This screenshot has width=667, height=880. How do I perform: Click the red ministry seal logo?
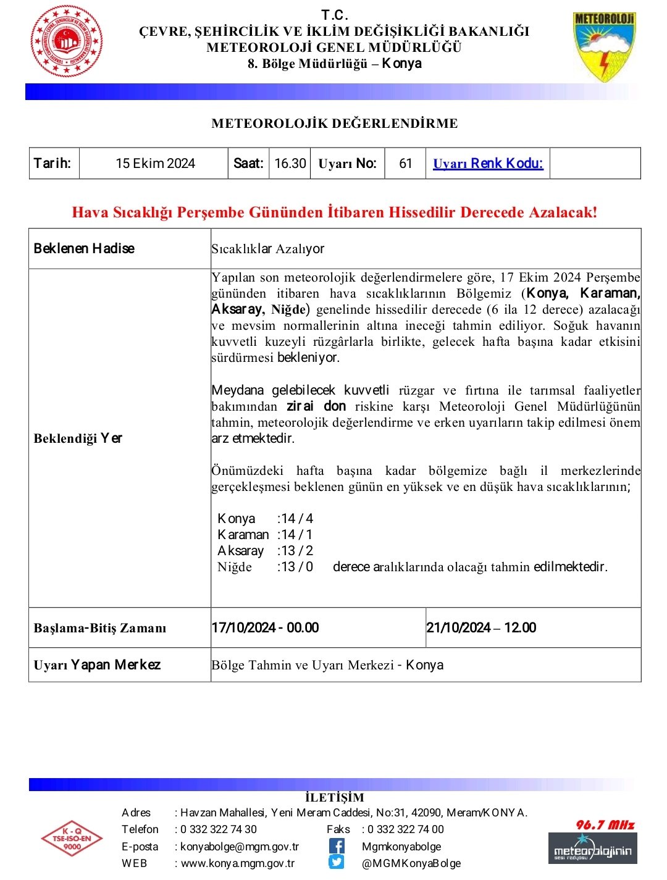coord(67,41)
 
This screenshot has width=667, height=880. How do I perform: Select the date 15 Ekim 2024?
coord(155,164)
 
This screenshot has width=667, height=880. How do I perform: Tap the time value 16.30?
coord(290,164)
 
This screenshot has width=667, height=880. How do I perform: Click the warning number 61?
coord(405,164)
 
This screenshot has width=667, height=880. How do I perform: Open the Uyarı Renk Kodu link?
coord(488,164)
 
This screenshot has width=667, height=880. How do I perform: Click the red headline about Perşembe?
coord(334,212)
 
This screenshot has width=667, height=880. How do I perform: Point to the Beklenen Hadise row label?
coord(84,249)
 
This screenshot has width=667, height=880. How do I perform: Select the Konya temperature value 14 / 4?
coord(296,519)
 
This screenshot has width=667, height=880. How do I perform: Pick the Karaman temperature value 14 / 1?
coord(296,535)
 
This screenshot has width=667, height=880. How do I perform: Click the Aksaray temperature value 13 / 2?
coord(296,551)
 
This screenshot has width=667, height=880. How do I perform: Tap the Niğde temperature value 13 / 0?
coord(296,567)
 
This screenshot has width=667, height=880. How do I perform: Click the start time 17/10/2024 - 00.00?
coord(265,628)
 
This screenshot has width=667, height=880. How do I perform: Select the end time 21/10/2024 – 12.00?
coord(481,628)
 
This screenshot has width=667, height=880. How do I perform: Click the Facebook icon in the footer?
coord(337,846)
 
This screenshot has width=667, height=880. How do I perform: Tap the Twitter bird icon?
coord(337,863)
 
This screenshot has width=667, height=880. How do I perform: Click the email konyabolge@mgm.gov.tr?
coord(240,847)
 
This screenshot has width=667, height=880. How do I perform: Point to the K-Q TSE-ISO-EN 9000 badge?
coord(72,839)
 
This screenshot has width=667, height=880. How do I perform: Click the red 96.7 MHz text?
coord(605,825)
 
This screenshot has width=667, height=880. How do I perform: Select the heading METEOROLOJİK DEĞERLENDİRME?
coord(334,124)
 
